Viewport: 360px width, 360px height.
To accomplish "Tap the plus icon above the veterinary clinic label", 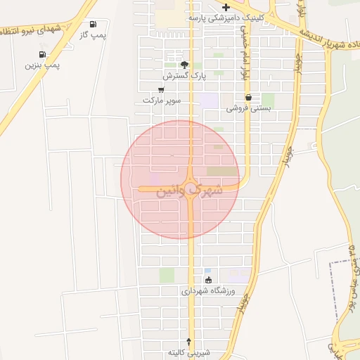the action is pos(226,7).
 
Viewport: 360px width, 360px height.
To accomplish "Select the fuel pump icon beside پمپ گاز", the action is pos(94,25).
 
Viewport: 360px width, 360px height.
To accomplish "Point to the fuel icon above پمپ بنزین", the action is pos(43,54).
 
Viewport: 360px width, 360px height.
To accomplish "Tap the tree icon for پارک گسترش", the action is pos(184,64).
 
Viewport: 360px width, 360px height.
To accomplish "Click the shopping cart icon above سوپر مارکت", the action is pos(162,89).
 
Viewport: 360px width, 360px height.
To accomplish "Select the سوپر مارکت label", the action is pos(162,101).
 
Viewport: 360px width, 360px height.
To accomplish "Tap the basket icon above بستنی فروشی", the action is pos(248,97).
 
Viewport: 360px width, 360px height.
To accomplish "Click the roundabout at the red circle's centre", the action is pos(191,181).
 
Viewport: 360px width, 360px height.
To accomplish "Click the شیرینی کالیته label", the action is pos(189,352).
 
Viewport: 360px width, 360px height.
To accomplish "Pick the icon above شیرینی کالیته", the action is pos(188,341).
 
